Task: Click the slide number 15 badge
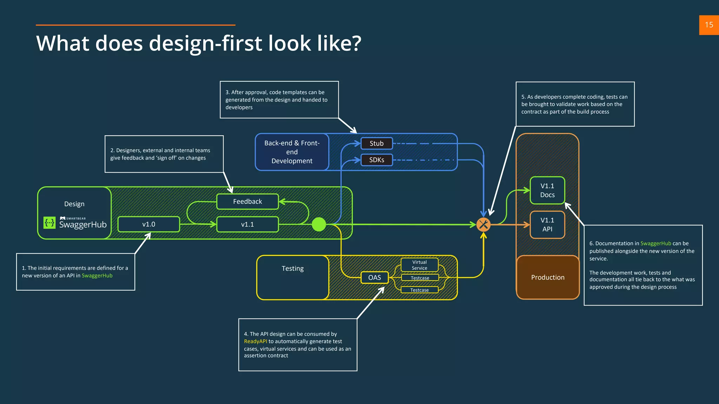click(709, 25)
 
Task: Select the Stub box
click(376, 143)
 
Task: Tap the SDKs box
click(376, 160)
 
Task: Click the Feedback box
click(248, 202)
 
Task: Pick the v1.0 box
click(149, 224)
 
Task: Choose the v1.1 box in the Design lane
click(248, 224)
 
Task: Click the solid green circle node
click(319, 224)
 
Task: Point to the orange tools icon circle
click(483, 225)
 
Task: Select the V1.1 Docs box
click(547, 190)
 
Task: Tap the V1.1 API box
click(547, 225)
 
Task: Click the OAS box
click(375, 278)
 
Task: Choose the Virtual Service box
click(420, 265)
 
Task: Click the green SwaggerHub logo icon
click(50, 223)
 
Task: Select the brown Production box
click(548, 277)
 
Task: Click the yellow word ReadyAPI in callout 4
click(256, 342)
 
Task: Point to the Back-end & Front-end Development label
click(292, 152)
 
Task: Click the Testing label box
click(292, 277)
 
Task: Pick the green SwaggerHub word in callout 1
click(97, 276)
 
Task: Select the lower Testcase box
click(420, 290)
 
